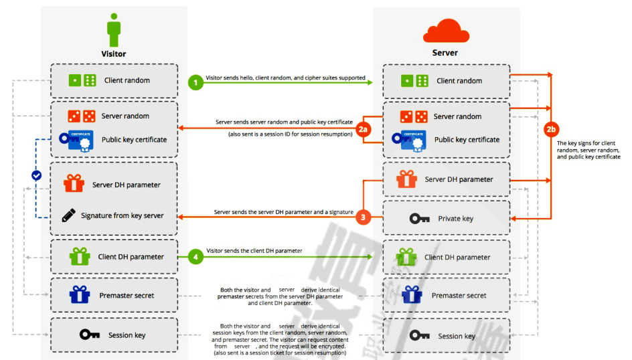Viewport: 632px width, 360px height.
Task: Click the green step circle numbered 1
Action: coord(195,82)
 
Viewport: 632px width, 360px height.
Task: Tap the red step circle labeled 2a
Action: coord(364,130)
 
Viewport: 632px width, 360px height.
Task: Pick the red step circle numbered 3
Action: coord(363,217)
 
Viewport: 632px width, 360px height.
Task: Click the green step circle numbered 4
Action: coord(195,256)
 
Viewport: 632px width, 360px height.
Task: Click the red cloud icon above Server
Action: coord(445,31)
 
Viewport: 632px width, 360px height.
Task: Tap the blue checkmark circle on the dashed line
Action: coord(37,175)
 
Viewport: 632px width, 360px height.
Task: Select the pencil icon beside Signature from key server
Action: coord(68,215)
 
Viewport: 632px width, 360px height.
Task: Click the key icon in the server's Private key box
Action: coord(420,219)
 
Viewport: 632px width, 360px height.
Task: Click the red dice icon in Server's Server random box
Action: coord(414,116)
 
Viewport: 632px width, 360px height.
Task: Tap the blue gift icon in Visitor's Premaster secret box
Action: coord(80,294)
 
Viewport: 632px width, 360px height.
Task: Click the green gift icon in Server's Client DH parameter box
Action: coord(406,257)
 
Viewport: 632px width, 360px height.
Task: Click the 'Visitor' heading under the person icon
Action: coord(113,54)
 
